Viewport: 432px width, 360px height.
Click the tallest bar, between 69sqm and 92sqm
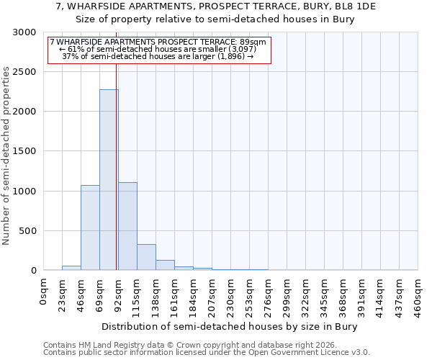click(x=109, y=180)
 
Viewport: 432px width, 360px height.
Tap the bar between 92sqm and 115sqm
click(x=127, y=226)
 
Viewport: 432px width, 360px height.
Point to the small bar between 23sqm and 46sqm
click(x=71, y=268)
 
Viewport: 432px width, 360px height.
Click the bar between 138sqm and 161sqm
click(x=165, y=265)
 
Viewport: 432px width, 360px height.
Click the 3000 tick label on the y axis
click(x=24, y=32)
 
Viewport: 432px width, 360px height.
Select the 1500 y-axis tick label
click(x=24, y=151)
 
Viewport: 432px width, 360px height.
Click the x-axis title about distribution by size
click(x=229, y=326)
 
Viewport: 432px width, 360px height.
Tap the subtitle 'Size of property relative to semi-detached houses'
click(x=215, y=19)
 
